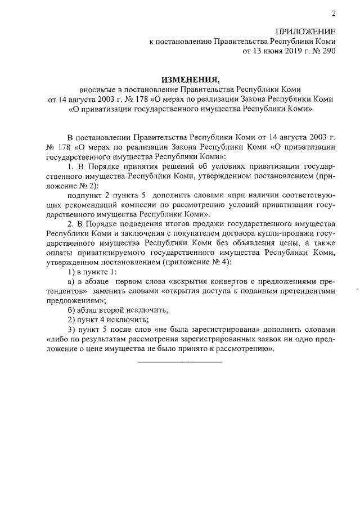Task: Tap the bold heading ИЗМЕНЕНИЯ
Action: (x=188, y=79)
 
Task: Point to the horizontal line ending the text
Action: (x=180, y=361)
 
